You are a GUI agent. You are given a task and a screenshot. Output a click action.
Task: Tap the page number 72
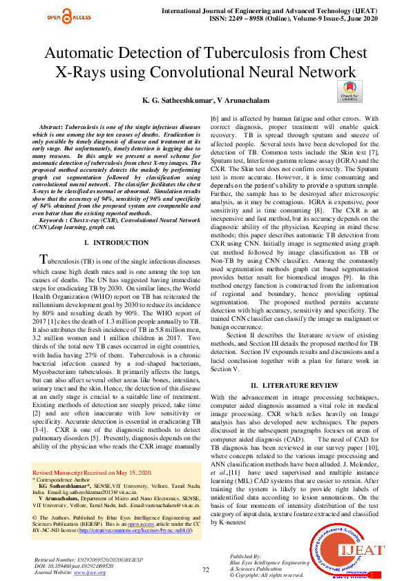pos(205,569)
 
